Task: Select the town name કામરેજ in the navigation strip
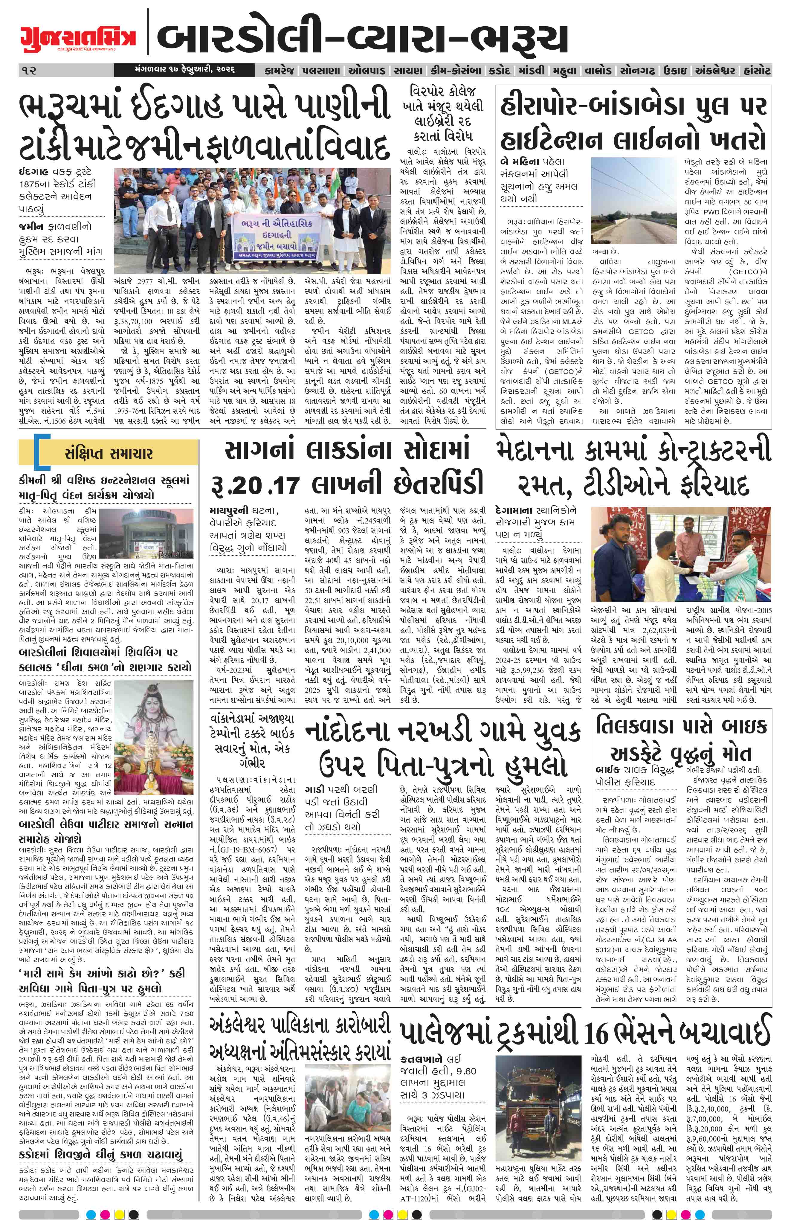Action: pyautogui.click(x=279, y=70)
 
